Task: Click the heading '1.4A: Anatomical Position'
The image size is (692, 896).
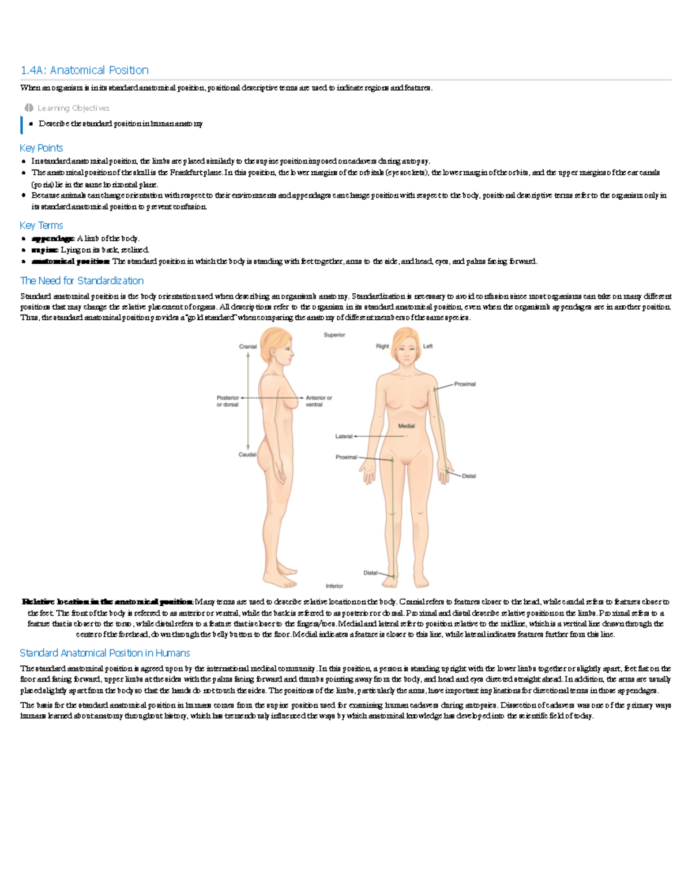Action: [84, 70]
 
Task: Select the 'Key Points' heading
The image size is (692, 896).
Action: [41, 148]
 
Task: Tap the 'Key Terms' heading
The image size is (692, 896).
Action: [41, 226]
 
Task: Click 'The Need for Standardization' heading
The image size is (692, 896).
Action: [81, 281]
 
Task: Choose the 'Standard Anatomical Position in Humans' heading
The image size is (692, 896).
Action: [104, 653]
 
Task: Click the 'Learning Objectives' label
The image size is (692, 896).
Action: [73, 108]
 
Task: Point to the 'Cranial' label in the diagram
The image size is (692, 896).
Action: [247, 347]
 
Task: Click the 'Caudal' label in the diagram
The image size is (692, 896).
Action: [247, 455]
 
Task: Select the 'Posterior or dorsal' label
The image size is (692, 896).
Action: [228, 401]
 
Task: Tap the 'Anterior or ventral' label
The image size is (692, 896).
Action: [318, 401]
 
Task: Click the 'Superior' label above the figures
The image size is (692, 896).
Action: [334, 335]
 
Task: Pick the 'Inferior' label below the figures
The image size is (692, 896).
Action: [334, 586]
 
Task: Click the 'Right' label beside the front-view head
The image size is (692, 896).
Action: [382, 347]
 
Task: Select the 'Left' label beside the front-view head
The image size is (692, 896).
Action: [428, 347]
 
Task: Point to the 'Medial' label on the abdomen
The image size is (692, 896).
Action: [407, 426]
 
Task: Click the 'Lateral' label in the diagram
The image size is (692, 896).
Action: [344, 436]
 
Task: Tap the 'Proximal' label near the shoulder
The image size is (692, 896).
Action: [465, 384]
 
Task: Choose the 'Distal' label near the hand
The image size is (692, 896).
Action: [469, 476]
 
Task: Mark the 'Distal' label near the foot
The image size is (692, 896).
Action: [370, 573]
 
